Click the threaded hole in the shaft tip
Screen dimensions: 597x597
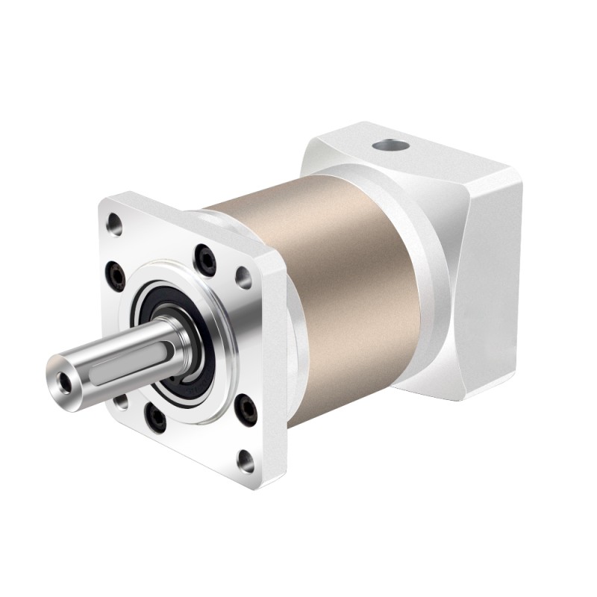pos(66,381)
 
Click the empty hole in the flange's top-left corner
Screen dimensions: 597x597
pos(115,222)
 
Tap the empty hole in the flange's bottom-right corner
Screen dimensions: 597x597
pos(245,460)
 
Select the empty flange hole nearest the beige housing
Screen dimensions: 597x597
pos(243,278)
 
